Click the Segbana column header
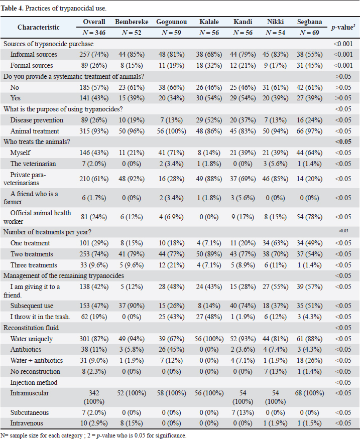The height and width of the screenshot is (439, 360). tap(309, 22)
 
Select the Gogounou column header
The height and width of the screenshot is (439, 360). tap(171, 22)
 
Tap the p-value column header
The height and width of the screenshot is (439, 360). tap(343, 28)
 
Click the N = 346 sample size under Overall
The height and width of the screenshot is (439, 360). tap(94, 33)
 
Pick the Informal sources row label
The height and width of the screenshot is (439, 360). tap(34, 54)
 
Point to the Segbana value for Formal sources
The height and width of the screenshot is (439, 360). tap(309, 66)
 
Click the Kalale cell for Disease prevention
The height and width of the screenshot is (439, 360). tap(209, 120)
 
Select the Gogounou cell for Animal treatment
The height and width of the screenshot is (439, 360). tap(171, 131)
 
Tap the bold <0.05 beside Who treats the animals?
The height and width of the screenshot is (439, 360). tap(343, 141)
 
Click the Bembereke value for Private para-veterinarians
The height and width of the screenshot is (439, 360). tap(132, 179)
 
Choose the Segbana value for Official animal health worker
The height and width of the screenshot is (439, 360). tap(309, 217)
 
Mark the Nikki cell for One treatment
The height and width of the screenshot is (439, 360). tap(275, 243)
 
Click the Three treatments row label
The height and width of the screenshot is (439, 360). tap(34, 265)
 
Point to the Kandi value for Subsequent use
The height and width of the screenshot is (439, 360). tap(243, 306)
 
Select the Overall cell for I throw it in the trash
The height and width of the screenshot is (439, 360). tap(94, 317)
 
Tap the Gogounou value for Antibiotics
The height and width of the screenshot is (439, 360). tap(171, 349)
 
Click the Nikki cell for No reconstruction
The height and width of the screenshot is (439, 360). tap(275, 372)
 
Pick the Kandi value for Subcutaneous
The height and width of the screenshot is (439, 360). tap(243, 413)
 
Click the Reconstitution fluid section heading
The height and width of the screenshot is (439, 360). tap(31, 328)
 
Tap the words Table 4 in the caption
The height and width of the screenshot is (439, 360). tap(12, 8)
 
